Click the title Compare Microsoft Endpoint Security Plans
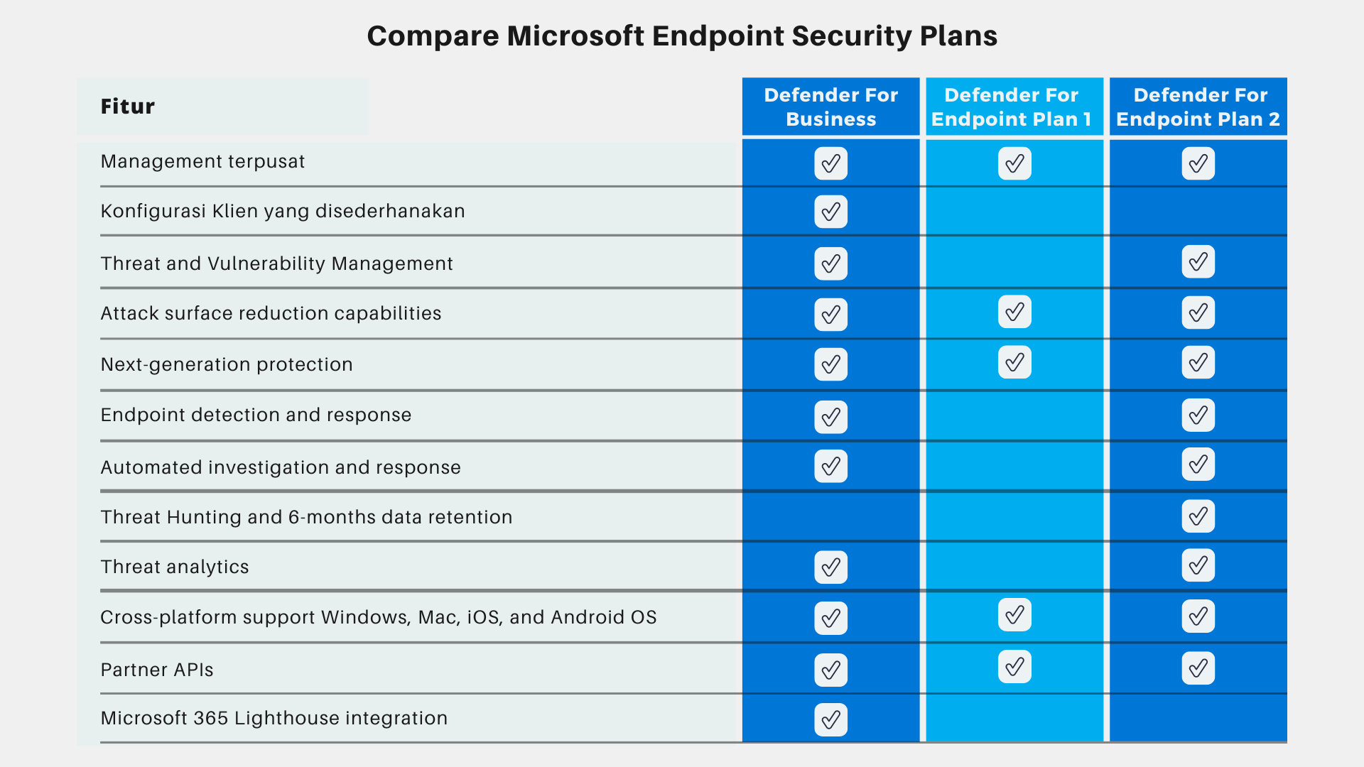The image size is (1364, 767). tap(682, 36)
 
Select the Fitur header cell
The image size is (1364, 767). tap(128, 107)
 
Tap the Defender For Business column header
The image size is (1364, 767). tap(830, 107)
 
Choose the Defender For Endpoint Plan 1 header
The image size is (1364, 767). tap(1014, 107)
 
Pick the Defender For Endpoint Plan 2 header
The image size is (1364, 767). tap(1198, 107)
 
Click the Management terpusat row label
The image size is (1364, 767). tap(202, 162)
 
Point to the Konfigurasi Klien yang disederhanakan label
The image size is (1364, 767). tap(283, 212)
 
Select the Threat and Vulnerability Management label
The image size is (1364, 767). tap(276, 263)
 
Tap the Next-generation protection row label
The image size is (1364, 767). tap(227, 364)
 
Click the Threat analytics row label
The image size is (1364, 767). tap(175, 567)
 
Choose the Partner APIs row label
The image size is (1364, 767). tap(157, 670)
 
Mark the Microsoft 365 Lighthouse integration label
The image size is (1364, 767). tap(274, 718)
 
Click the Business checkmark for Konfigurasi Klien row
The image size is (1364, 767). tap(830, 212)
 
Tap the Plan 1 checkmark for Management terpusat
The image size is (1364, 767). tap(1014, 163)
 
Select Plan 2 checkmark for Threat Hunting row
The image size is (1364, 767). tap(1198, 516)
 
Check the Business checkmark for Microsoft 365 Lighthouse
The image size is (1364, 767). tap(830, 719)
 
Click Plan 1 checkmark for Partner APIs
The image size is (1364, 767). tap(1014, 667)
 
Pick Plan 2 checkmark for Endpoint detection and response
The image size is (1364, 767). tap(1198, 415)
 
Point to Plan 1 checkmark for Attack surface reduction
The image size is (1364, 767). tap(1014, 312)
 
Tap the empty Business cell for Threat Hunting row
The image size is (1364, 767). tap(830, 516)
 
